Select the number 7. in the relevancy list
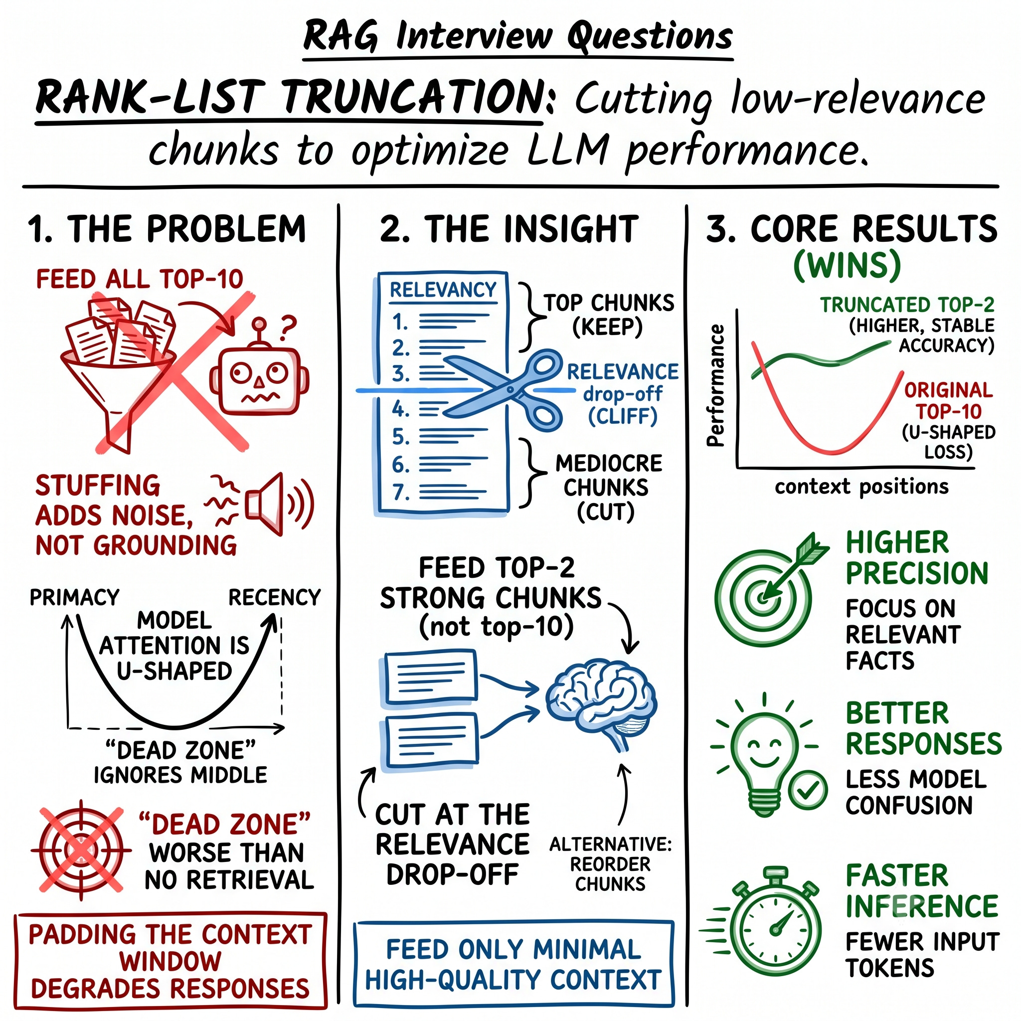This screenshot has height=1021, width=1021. (x=401, y=493)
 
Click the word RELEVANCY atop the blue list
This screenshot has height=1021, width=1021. (x=443, y=290)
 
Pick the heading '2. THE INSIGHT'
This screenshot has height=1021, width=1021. (x=509, y=229)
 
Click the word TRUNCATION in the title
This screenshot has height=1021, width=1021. (x=410, y=98)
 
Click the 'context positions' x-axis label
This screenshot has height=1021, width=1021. (x=861, y=486)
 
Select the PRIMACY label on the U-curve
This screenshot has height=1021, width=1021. (x=74, y=597)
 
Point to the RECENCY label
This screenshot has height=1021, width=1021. (x=274, y=597)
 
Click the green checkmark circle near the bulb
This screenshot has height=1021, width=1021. (x=807, y=790)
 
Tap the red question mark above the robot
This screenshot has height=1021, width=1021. (x=288, y=327)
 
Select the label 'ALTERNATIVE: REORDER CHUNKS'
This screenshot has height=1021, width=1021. (x=610, y=863)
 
